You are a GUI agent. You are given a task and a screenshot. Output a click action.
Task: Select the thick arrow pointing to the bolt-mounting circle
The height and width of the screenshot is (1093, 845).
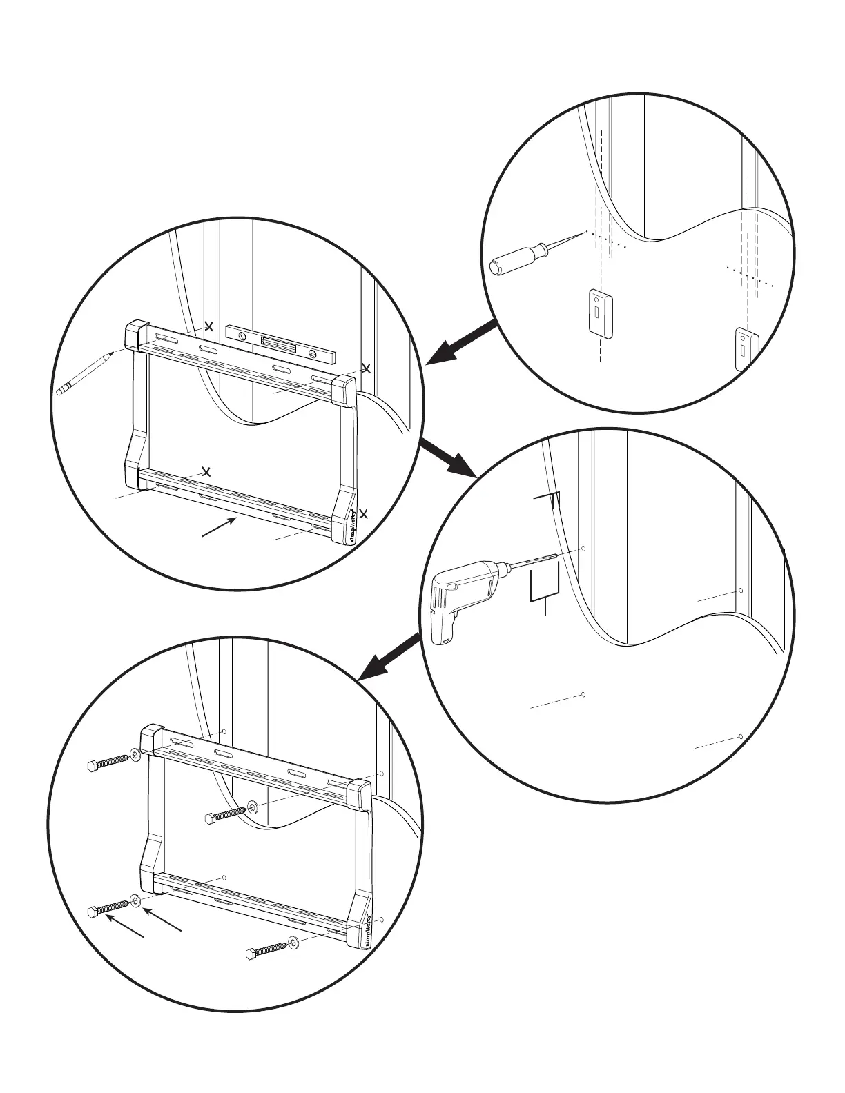tap(391, 655)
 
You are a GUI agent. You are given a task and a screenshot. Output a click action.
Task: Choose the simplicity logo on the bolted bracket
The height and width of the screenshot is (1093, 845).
tap(366, 931)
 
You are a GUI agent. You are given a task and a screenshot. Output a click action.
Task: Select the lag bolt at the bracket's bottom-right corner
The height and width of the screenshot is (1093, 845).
tap(266, 950)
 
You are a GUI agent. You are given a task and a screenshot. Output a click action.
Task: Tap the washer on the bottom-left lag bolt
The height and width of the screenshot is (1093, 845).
tap(134, 902)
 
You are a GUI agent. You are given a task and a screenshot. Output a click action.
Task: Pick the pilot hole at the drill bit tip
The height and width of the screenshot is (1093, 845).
tap(583, 549)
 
